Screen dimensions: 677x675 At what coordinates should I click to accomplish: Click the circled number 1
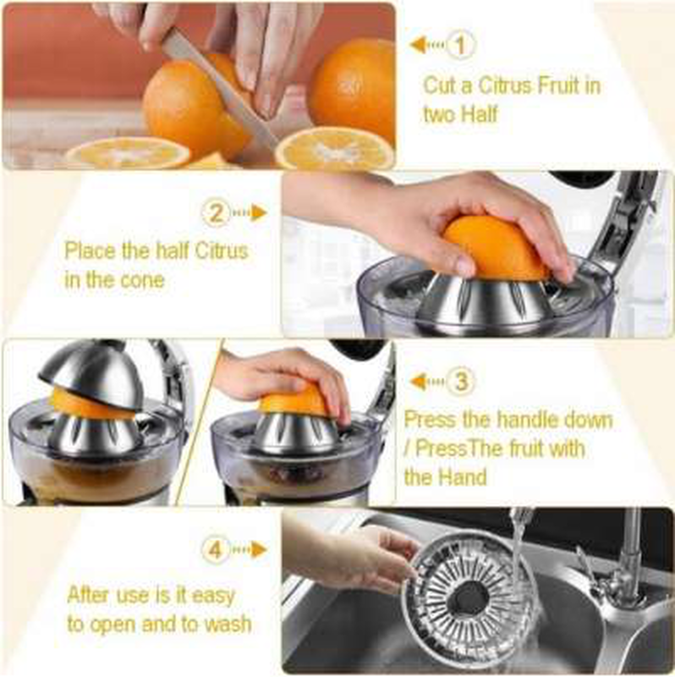[460, 45]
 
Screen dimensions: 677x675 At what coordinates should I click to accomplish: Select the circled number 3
[460, 382]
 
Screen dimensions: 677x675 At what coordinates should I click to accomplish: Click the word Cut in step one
[441, 85]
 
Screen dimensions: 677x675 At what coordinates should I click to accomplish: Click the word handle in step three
[531, 420]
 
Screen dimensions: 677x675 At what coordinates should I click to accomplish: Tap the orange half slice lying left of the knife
[128, 153]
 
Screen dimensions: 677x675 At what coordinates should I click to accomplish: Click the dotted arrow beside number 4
[249, 550]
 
